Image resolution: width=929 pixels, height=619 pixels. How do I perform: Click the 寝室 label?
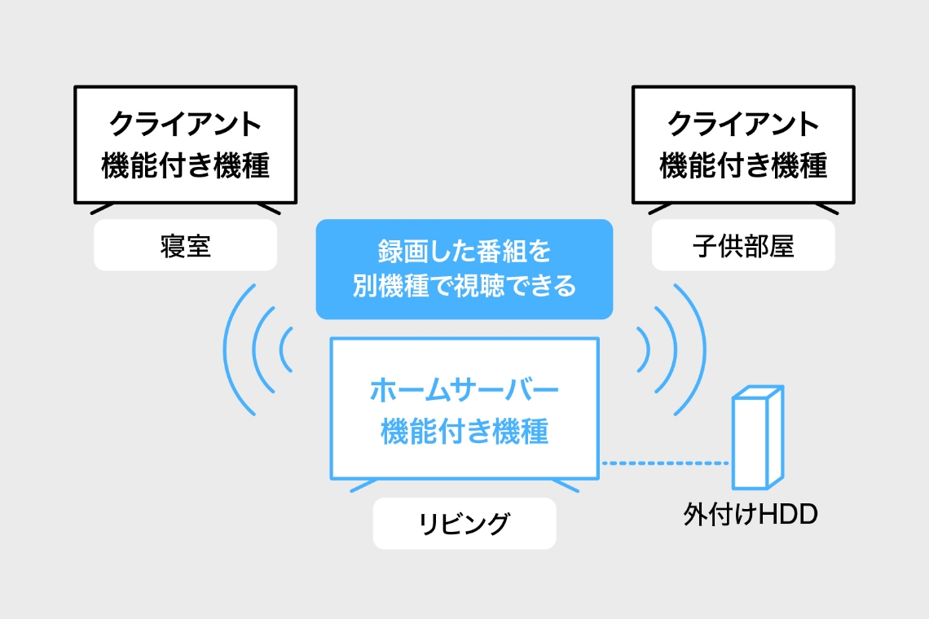point(186,245)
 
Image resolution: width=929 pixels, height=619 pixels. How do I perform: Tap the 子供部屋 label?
point(743,245)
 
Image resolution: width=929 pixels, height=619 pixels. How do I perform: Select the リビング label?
point(464,523)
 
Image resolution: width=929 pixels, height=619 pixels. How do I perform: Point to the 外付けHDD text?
point(750,516)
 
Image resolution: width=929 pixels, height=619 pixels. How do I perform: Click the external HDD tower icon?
point(757,439)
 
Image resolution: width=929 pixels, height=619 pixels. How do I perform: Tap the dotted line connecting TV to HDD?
point(664,463)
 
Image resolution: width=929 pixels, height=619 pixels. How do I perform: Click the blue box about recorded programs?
point(464,269)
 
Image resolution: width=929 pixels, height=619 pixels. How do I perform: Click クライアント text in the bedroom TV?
point(186,125)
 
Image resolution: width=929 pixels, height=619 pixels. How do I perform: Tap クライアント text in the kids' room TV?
point(743,125)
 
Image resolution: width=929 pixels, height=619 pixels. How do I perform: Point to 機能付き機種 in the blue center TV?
point(464,432)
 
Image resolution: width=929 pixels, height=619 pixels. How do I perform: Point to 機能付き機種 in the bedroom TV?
point(186,166)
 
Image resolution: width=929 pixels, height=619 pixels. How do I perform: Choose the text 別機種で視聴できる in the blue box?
point(464,287)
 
